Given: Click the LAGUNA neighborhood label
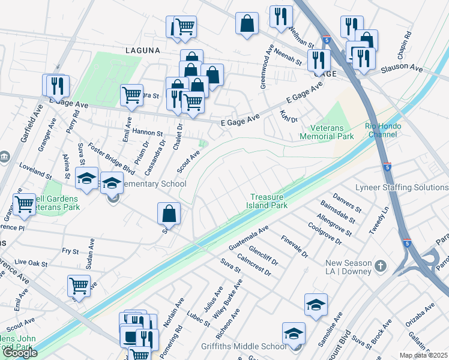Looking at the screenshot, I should pyautogui.click(x=143, y=52).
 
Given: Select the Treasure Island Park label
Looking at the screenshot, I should pyautogui.click(x=269, y=200).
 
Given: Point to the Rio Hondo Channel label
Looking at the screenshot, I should pyautogui.click(x=381, y=130).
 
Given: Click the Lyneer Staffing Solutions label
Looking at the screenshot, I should pyautogui.click(x=402, y=188).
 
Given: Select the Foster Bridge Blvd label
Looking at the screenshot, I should pyautogui.click(x=111, y=157).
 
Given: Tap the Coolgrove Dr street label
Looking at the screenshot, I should pyautogui.click(x=324, y=233).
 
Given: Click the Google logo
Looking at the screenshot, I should pyautogui.click(x=20, y=353).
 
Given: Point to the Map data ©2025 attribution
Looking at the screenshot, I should pyautogui.click(x=424, y=355).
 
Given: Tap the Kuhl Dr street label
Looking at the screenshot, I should pyautogui.click(x=289, y=116).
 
